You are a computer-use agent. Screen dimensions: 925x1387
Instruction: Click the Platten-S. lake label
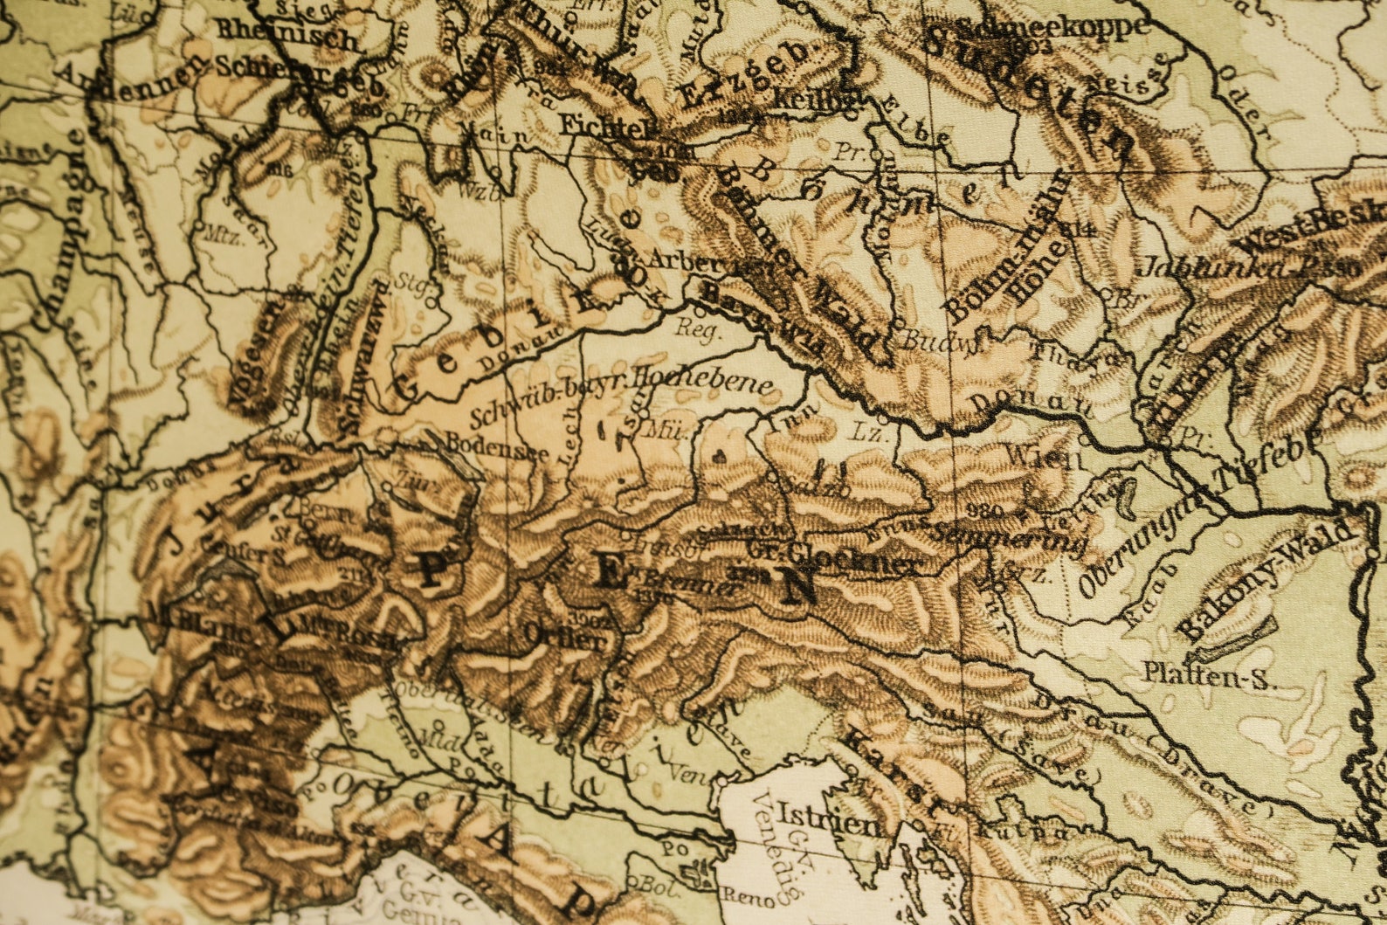[1210, 676]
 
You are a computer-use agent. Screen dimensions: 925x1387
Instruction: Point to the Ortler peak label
[564, 639]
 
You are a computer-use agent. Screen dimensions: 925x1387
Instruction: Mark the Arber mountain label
[685, 259]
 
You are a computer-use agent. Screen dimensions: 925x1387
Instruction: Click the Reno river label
[746, 896]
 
